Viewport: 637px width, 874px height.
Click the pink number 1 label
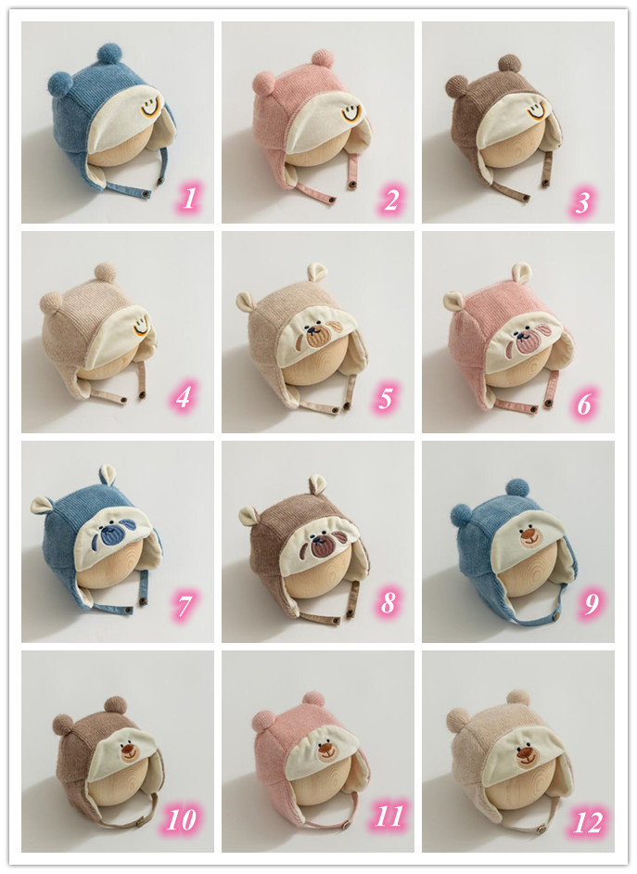(x=189, y=198)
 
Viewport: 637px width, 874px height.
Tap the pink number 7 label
(x=185, y=606)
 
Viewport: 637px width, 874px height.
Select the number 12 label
(x=588, y=822)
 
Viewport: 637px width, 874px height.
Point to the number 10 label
(x=182, y=819)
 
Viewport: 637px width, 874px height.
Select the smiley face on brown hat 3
(x=536, y=110)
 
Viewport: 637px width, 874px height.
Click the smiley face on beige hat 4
(x=141, y=325)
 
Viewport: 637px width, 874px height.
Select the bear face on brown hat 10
(x=131, y=752)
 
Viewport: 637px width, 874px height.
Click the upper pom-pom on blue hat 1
(x=109, y=54)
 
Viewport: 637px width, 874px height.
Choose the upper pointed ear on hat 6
(x=522, y=273)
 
